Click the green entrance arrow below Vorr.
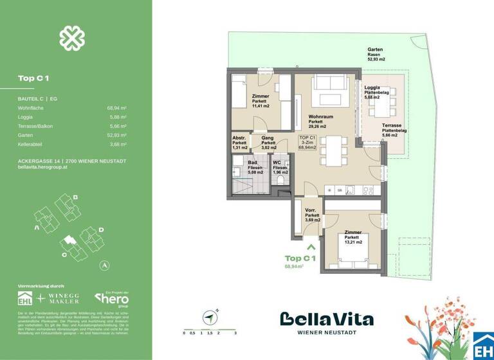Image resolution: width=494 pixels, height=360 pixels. point(311,245)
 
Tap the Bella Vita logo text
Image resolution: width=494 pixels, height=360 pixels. point(326,319)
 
